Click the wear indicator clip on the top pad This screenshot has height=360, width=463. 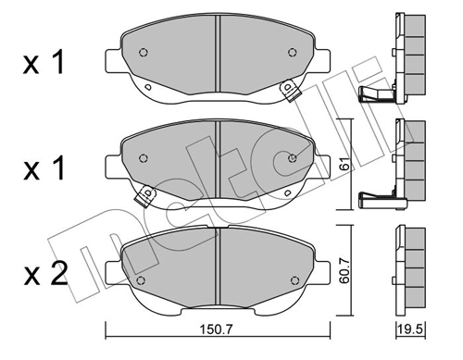tap(289, 91)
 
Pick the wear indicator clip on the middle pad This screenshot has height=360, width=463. tap(144, 195)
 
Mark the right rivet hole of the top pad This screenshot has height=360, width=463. tap(292, 54)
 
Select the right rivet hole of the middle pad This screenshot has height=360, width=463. tap(292, 157)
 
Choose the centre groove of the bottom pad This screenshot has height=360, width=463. tap(216, 264)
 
